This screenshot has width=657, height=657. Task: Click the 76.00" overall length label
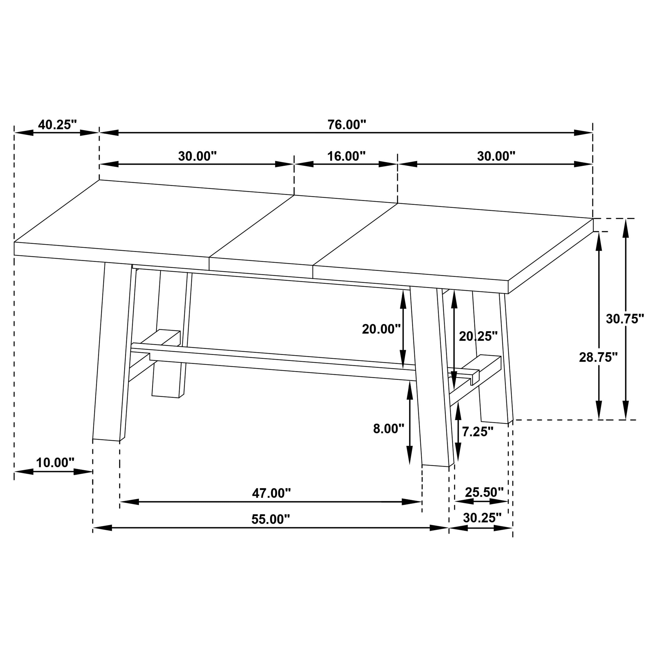[347, 125]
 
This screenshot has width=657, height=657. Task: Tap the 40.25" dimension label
[58, 125]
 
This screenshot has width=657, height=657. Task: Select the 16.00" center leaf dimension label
[346, 156]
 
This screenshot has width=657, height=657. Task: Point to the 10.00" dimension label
[55, 463]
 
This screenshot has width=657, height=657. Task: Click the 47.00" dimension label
[271, 493]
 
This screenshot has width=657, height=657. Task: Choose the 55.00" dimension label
[271, 519]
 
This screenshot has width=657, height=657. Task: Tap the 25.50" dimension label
[484, 492]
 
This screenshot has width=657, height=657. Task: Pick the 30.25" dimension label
[482, 518]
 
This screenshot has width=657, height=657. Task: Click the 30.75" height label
[625, 319]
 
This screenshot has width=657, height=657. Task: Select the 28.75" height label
[598, 357]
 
